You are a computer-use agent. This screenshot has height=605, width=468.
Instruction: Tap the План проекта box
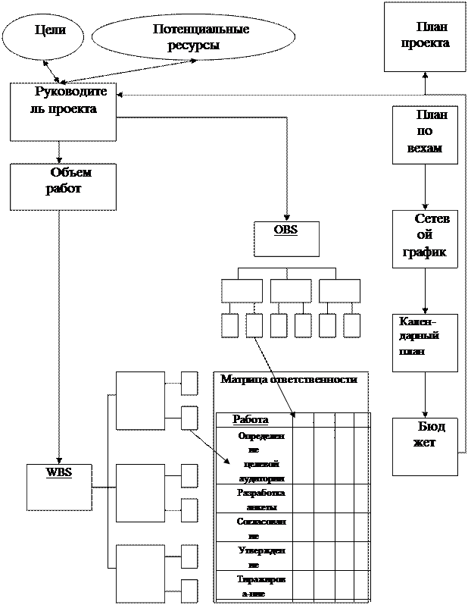click(x=424, y=36)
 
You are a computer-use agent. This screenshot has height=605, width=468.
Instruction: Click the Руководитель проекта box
click(x=63, y=111)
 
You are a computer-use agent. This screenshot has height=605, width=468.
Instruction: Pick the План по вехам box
click(x=425, y=135)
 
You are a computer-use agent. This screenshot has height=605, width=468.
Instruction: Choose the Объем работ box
click(x=63, y=187)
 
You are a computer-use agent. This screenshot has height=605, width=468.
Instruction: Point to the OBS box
click(x=285, y=238)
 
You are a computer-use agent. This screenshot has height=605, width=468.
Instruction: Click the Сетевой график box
click(x=425, y=239)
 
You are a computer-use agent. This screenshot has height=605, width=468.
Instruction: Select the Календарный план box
click(x=425, y=343)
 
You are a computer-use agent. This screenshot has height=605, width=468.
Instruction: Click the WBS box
click(x=58, y=486)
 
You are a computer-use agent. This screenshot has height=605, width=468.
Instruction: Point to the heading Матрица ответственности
click(x=288, y=380)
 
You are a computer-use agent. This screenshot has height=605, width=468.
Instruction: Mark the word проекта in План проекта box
click(x=425, y=43)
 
